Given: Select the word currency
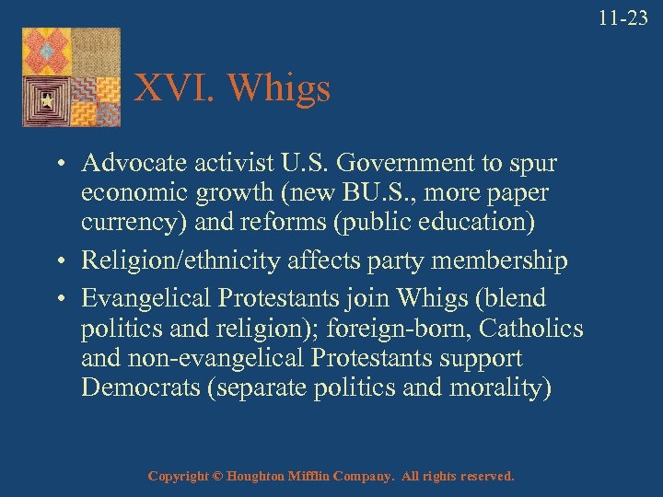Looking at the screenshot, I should click(x=119, y=223).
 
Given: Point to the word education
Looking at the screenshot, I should click(x=482, y=223).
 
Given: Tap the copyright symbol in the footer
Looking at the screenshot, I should click(x=216, y=477).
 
